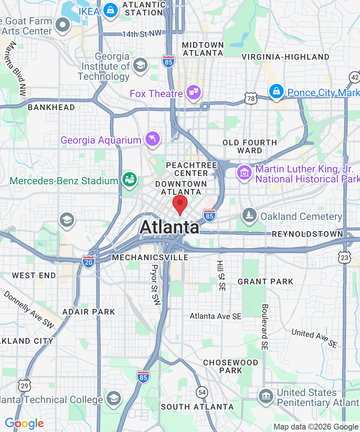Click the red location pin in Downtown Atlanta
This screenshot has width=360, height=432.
coord(180,204)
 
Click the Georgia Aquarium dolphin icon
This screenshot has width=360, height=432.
coord(152,139)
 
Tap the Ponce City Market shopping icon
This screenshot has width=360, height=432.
coord(276,91)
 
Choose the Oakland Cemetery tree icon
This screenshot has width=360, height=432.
coord(249,215)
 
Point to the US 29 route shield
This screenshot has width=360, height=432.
coord(24,386)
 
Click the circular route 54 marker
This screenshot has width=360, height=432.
coord(202,392)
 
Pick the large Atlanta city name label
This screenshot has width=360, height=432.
coord(169,227)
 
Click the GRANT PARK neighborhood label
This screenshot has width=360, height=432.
coord(266,282)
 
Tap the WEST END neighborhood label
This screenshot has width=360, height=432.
coord(34,275)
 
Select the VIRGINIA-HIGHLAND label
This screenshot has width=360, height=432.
coord(285,57)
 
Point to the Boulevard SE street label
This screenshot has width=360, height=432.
coord(265,327)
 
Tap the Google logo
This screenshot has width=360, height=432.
coord(24,424)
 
